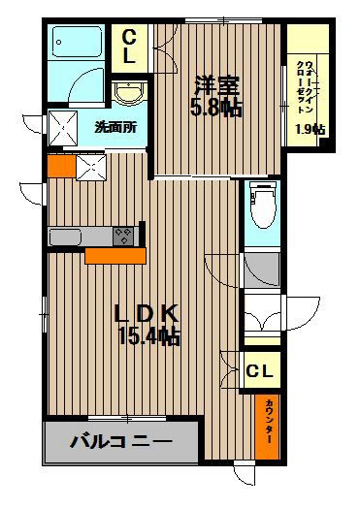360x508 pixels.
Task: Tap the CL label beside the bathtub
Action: pos(129,48)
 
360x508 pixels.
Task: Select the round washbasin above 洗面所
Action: pos(126,93)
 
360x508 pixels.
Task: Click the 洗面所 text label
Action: pos(114,125)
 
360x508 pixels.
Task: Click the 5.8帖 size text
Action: pos(216,108)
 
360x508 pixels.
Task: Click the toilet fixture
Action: pos(259,205)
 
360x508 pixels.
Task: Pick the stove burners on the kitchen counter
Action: pos(123,235)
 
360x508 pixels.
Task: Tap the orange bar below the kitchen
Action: pos(115,255)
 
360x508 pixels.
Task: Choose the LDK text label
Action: pos(145,315)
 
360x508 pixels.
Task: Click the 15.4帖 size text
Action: pos(148,338)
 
